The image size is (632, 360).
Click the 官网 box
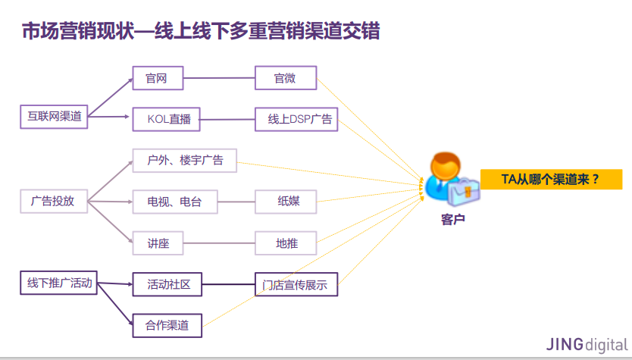coord(160,78)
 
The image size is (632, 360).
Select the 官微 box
coord(285,78)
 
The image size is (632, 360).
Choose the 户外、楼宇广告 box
coord(185,160)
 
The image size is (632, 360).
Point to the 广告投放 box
coord(52,202)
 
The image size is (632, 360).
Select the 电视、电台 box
coord(175,202)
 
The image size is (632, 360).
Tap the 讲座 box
coord(158,243)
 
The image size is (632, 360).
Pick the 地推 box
coord(286,243)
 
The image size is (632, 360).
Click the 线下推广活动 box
coord(59,283)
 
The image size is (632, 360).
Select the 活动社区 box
coord(167,285)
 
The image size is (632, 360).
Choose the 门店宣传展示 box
coord(296,285)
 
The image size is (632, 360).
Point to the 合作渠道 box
coord(167,326)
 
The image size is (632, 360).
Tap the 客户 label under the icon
coord(452,220)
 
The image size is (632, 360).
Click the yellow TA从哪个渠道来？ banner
coord(551,180)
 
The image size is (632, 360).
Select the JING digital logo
coord(587,343)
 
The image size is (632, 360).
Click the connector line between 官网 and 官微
coord(221,78)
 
